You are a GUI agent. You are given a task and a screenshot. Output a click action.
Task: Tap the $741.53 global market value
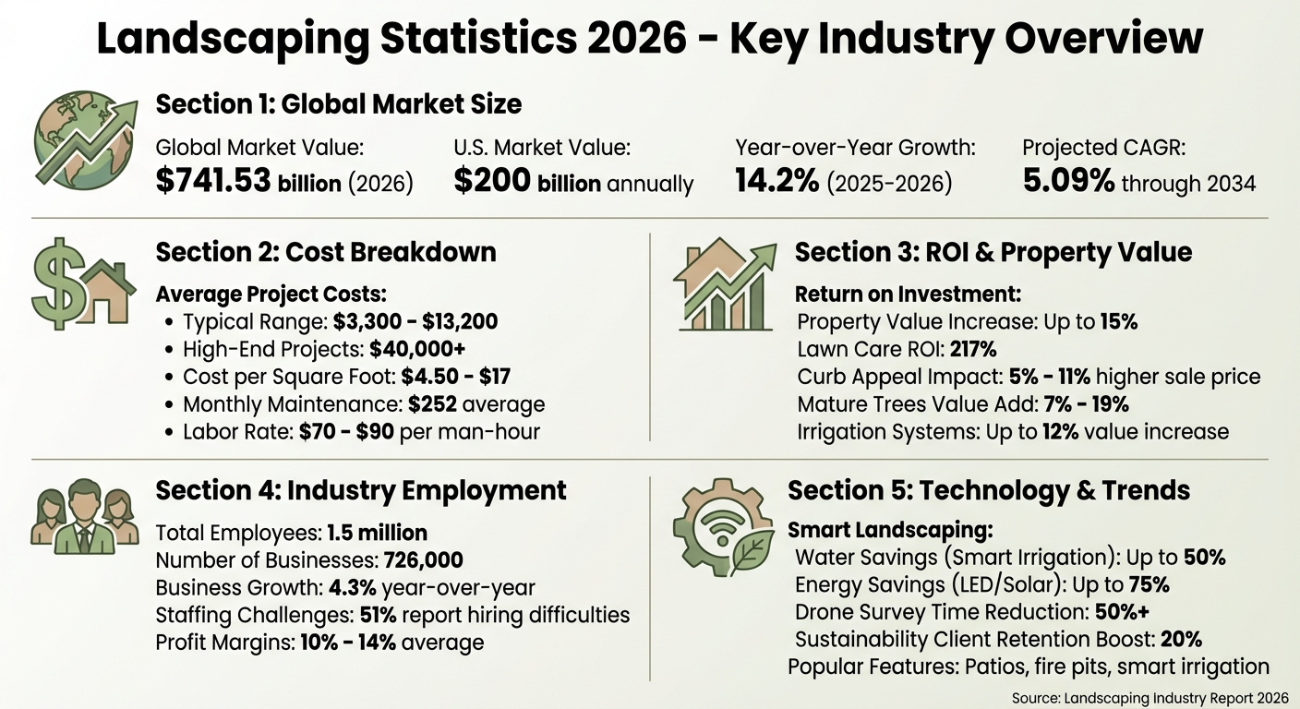click(x=214, y=182)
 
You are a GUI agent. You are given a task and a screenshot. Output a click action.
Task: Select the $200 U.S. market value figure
click(x=491, y=182)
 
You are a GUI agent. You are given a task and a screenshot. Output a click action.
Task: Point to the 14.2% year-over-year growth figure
click(x=776, y=182)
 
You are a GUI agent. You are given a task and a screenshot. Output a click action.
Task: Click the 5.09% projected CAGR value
click(x=1068, y=182)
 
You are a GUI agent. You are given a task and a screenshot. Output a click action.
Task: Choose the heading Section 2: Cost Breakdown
click(x=326, y=252)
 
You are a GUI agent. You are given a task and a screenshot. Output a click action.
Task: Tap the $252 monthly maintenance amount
click(x=432, y=404)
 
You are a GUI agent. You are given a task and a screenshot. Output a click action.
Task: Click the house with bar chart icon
click(x=724, y=285)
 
